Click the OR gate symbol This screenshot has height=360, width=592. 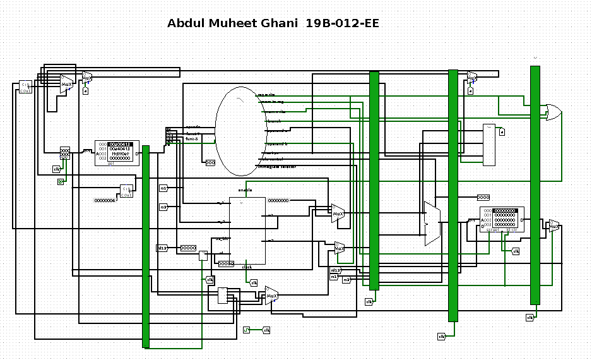click(x=553, y=112)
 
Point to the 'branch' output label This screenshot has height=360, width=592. click(x=274, y=120)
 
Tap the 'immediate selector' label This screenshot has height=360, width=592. click(x=276, y=167)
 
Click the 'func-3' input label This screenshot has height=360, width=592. click(x=192, y=139)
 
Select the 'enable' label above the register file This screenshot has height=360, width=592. click(x=245, y=190)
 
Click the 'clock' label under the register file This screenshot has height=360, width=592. click(x=247, y=267)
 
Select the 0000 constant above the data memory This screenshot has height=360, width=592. click(x=483, y=198)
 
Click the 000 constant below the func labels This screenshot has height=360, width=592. click(x=211, y=162)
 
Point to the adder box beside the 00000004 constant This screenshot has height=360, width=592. click(x=127, y=191)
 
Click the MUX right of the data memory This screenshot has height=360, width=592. click(x=554, y=225)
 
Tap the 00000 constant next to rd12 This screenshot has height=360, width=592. click(x=189, y=248)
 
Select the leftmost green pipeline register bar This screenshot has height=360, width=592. click(x=146, y=246)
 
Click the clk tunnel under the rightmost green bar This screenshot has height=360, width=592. click(x=530, y=317)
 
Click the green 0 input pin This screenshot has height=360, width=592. click(x=61, y=181)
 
